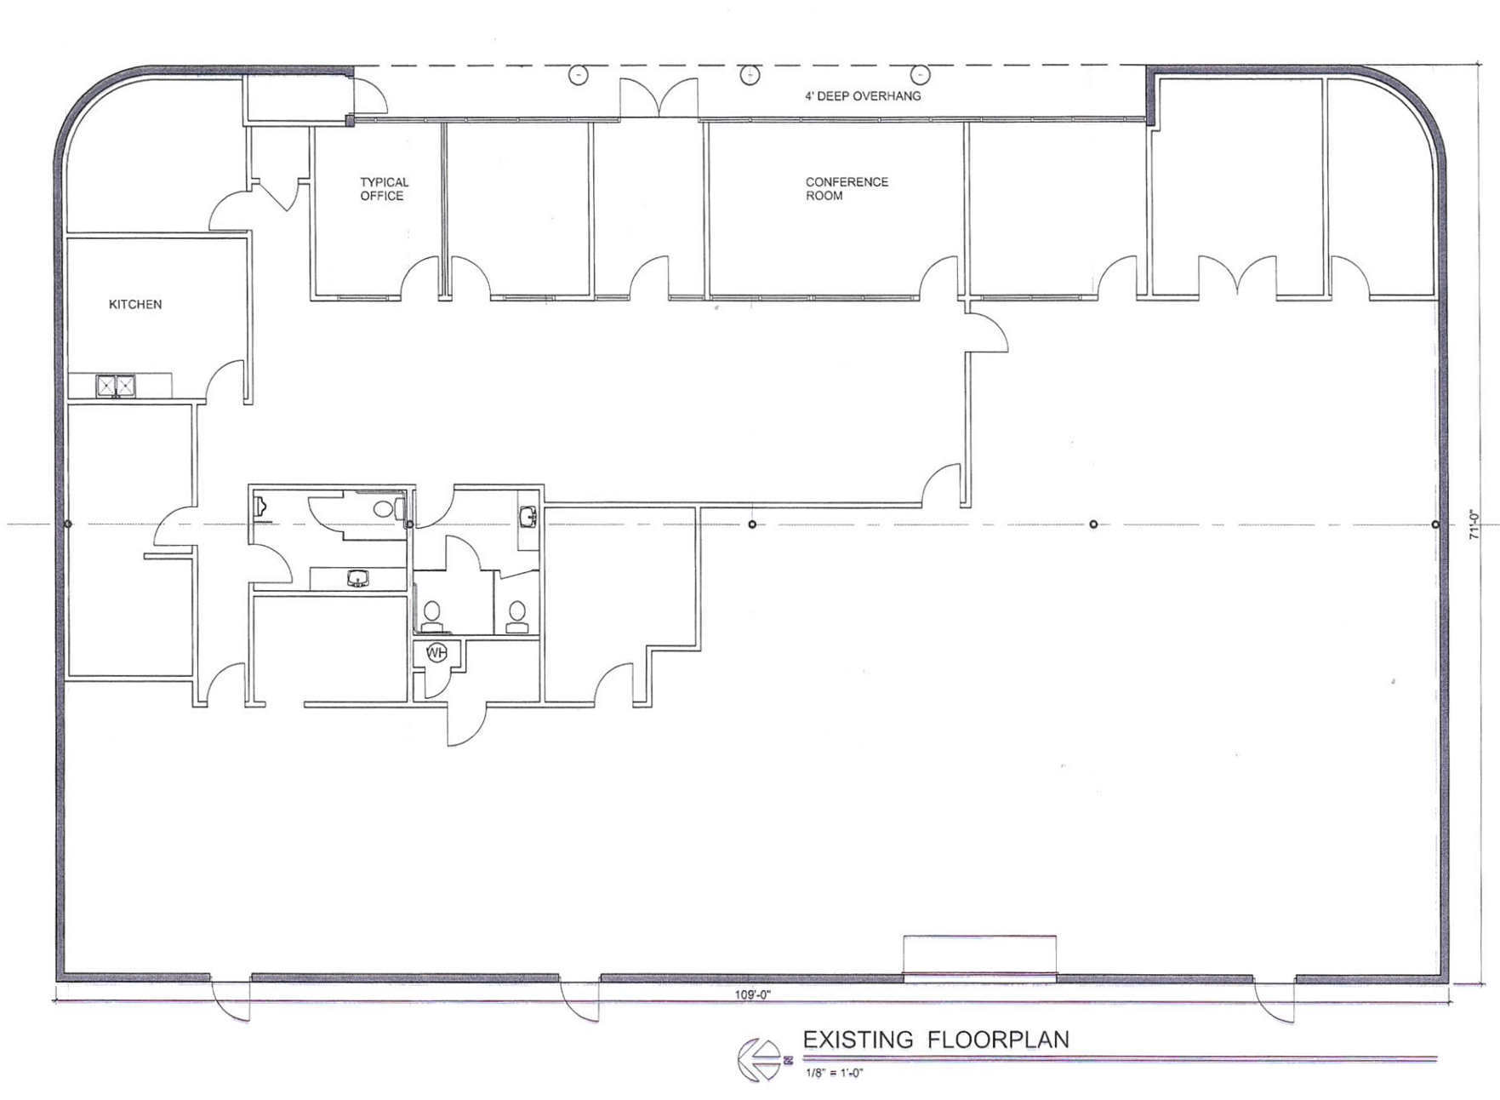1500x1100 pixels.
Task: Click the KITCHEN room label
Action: [x=134, y=304]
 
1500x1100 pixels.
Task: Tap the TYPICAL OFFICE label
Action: [x=383, y=189]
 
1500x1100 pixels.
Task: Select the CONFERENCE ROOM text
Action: [x=847, y=189]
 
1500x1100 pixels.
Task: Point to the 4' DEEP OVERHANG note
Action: [x=863, y=96]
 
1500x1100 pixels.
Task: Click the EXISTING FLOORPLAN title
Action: [x=936, y=1040]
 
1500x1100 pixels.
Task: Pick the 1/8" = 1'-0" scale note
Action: [x=835, y=1073]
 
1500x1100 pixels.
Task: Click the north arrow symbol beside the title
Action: [x=759, y=1060]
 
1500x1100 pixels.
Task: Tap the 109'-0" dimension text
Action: [x=753, y=994]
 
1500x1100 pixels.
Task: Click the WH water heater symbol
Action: [x=436, y=653]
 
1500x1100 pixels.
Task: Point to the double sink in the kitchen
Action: [x=116, y=386]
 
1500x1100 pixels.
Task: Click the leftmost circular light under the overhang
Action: [x=578, y=75]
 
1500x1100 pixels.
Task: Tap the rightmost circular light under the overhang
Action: [x=921, y=75]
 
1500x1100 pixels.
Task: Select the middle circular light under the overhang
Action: [x=749, y=75]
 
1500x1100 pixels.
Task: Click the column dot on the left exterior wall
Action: [x=67, y=524]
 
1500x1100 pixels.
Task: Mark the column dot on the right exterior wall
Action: [x=1435, y=524]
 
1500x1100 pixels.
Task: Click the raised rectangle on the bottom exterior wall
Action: [x=979, y=955]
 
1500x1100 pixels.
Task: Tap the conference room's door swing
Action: [x=940, y=278]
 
